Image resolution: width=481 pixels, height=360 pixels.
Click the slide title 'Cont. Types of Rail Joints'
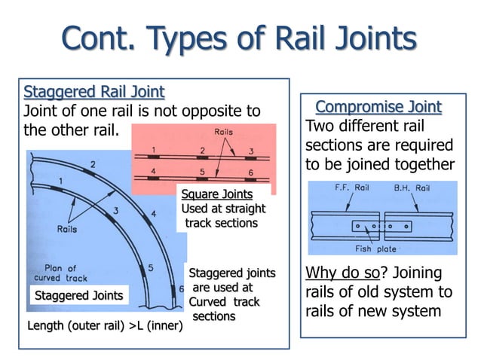coord(240,37)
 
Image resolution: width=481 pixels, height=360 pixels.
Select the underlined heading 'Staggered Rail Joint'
coord(93,93)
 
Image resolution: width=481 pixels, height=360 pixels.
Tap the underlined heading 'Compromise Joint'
coord(378,106)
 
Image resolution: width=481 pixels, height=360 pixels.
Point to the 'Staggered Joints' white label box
coord(78,295)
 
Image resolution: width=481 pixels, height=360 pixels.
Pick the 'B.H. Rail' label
coord(412,189)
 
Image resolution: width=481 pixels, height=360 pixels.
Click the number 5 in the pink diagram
coord(202,172)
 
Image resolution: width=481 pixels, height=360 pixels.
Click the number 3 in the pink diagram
coord(250,151)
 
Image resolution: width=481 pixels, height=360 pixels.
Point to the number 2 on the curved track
coord(93,164)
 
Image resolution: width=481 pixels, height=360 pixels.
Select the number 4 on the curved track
coord(153,214)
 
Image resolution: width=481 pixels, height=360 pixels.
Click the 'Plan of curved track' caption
coord(66,273)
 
